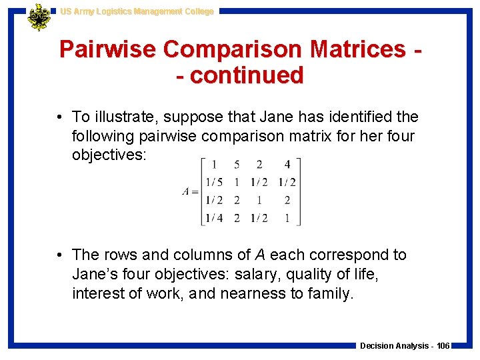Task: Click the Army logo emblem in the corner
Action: coord(39,17)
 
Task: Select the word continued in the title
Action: coord(247,75)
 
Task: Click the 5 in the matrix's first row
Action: coord(237,165)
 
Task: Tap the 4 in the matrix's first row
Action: coord(287,165)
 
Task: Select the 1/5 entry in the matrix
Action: coord(215,182)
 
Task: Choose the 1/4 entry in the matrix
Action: coord(215,217)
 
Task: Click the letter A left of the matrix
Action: coord(186,191)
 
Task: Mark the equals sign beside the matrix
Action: coord(194,191)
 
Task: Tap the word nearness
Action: coord(247,293)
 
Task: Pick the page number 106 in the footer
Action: coord(443,346)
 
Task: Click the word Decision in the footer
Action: coord(377,346)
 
